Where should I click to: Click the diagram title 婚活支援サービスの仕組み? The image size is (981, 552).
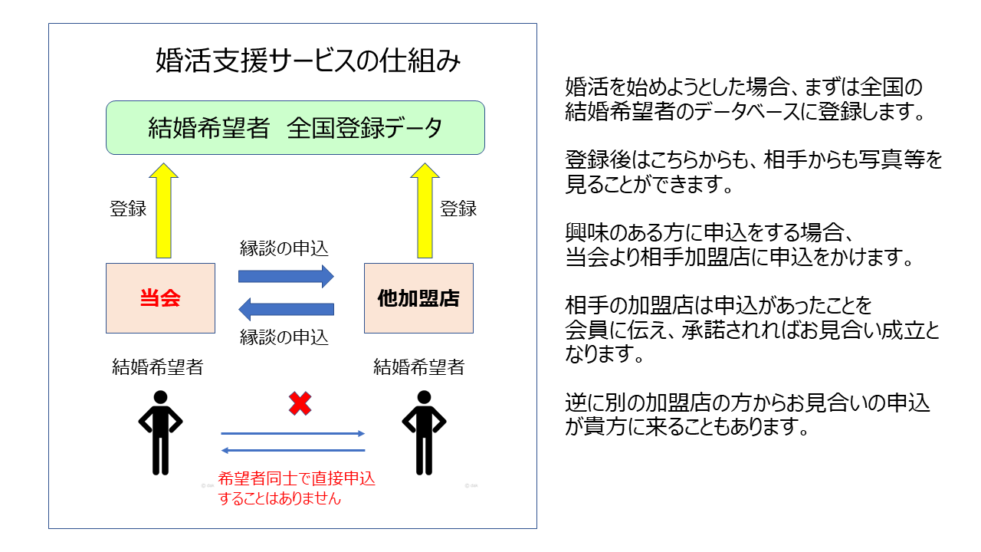pos(308,61)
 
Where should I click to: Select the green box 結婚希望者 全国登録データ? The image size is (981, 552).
pos(295,127)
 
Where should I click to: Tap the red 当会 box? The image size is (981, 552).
pos(160,298)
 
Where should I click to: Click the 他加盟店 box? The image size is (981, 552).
pos(418,298)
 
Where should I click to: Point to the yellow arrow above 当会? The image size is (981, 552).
pos(163,210)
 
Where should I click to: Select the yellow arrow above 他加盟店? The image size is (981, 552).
pos(425,210)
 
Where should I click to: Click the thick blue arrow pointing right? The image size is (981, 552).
pos(286,276)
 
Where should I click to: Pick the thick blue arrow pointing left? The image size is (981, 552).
pos(286,309)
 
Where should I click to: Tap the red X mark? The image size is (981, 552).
pos(300,403)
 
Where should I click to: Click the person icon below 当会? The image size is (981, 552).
pos(160,432)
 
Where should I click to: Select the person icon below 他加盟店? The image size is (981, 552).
pos(424,432)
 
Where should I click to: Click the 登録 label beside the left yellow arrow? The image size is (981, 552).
pos(128,209)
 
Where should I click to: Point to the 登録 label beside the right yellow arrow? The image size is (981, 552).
pos(458,209)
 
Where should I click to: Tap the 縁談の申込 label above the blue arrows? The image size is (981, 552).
pos(284,248)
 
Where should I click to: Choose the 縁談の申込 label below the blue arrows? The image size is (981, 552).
pos(284,337)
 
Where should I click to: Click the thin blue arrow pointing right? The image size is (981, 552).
pos(293,434)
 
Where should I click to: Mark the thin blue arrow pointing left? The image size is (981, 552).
pos(293,450)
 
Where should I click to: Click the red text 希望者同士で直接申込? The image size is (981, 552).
pos(297,478)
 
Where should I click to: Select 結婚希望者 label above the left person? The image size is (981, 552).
pos(158,367)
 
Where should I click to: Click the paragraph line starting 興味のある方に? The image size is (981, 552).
pos(709,232)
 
